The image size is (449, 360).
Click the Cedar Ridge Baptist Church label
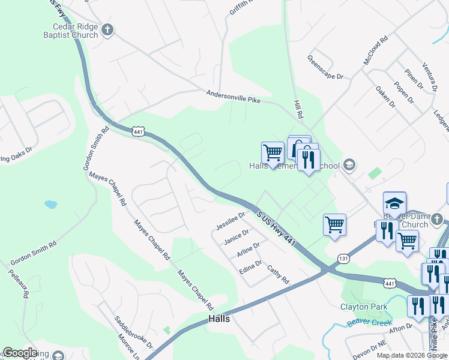(67, 31)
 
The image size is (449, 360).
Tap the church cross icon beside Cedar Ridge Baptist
(107, 29)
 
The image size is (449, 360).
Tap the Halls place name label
(219, 319)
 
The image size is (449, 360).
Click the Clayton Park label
(364, 307)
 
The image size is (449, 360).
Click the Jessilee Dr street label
(231, 221)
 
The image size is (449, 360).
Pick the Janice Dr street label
(236, 237)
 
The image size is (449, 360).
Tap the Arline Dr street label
(248, 250)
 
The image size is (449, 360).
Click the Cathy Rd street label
(278, 275)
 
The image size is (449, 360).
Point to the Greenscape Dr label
(325, 68)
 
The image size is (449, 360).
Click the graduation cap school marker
(394, 203)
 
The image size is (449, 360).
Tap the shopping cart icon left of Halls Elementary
(273, 152)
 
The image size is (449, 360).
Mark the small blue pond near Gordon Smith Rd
(50, 205)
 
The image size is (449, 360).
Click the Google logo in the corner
(20, 353)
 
